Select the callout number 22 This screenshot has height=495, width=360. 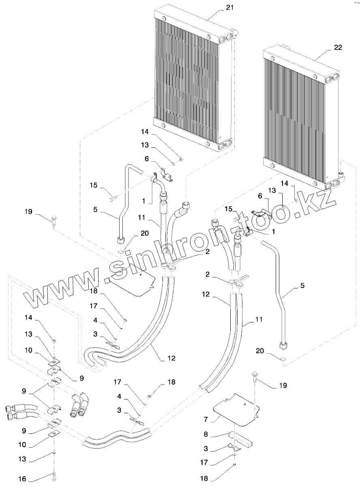click(x=338, y=47)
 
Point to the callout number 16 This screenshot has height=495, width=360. click(x=22, y=479)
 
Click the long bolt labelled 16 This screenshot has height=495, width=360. click(x=54, y=476)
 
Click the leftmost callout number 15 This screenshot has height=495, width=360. click(x=94, y=185)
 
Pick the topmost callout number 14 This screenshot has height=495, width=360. click(x=145, y=132)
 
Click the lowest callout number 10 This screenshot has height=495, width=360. click(x=22, y=444)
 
